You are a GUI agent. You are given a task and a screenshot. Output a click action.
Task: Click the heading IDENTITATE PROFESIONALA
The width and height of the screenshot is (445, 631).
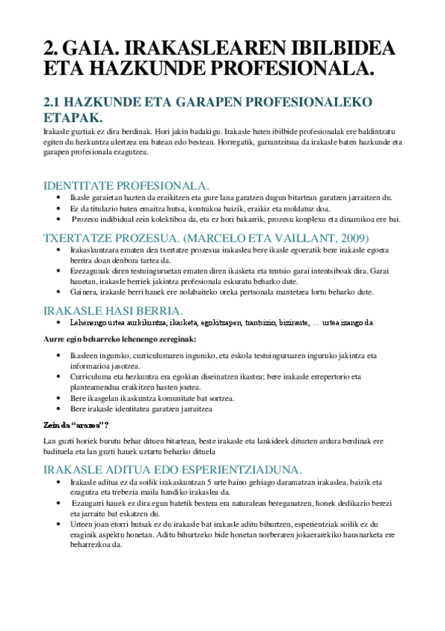coord(127,185)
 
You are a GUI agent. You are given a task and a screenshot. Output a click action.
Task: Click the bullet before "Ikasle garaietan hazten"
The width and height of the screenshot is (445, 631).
coord(59,197)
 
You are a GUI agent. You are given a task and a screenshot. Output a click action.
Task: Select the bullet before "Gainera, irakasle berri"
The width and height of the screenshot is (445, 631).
coord(59,292)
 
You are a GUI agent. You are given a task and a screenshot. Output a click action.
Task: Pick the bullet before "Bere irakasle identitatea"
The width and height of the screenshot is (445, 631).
coord(59,409)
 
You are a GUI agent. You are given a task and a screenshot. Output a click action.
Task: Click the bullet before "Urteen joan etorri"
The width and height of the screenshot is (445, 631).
coord(59,523)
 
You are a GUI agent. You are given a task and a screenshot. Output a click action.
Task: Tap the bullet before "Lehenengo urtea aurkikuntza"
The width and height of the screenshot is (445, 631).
coord(59,324)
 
